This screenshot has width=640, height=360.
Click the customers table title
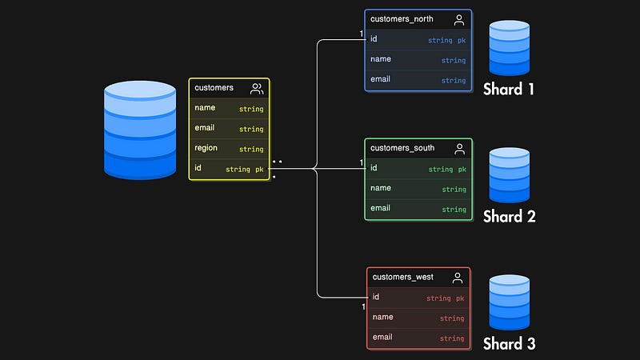tap(214, 88)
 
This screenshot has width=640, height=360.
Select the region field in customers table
tap(206, 148)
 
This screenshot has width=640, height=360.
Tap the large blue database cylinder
tap(140, 130)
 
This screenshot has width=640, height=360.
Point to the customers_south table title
tap(402, 148)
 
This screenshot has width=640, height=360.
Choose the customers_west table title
tap(403, 277)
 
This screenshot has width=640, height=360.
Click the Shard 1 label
tap(509, 89)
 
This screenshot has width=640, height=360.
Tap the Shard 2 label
tap(509, 216)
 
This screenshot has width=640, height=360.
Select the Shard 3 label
tap(509, 344)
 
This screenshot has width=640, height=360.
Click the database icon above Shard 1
tap(510, 48)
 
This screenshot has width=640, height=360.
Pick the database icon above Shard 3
tap(510, 302)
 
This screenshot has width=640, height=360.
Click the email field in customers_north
tap(380, 79)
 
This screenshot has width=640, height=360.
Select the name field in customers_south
tap(381, 188)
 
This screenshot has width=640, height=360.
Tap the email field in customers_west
tap(382, 338)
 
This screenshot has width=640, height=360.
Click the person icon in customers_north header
tap(459, 20)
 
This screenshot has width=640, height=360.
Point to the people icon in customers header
tap(257, 88)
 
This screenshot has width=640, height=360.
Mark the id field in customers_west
tap(375, 297)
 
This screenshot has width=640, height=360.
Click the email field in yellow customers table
tap(204, 128)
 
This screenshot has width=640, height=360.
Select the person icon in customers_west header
tap(458, 278)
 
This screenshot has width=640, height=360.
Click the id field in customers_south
tap(374, 168)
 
